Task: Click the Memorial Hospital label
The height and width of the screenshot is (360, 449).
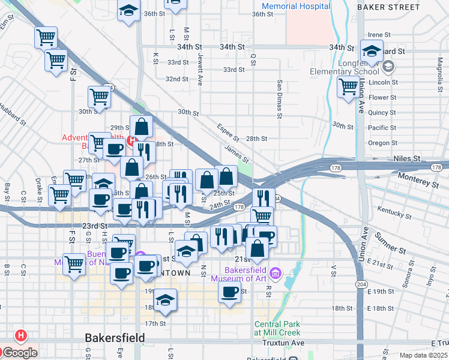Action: coord(297,6)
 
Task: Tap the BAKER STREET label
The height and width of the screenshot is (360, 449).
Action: coord(388,7)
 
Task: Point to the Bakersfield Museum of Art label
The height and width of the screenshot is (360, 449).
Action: coord(237,274)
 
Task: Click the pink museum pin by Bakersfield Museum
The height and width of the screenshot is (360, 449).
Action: coord(276,273)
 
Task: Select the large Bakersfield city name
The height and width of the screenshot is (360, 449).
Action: coord(115,338)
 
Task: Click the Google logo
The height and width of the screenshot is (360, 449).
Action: coord(19,353)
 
